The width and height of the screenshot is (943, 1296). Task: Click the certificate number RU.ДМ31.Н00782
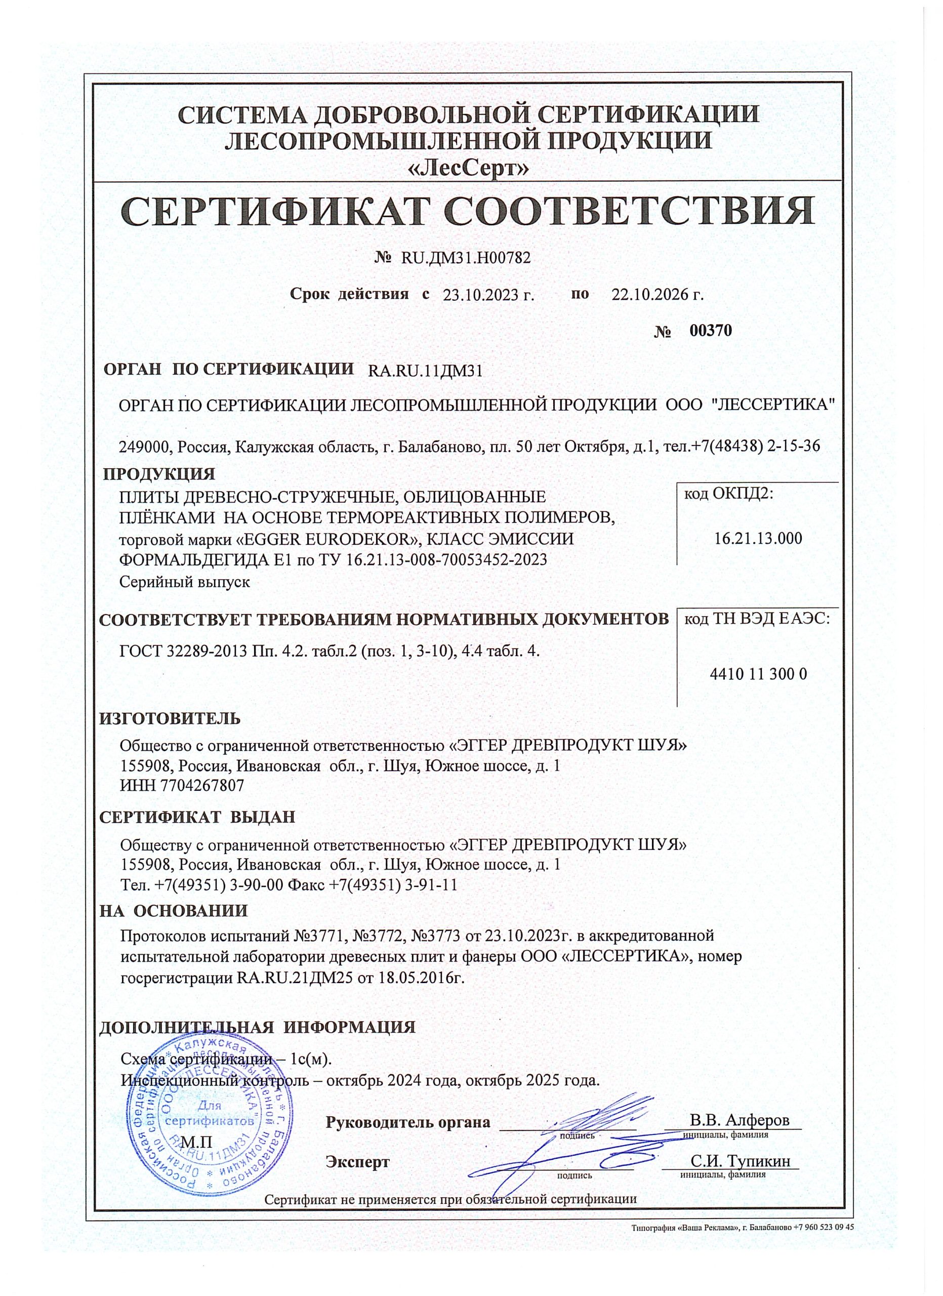(x=466, y=258)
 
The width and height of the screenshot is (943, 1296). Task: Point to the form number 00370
(x=711, y=331)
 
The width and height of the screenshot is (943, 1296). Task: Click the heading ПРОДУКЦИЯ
(x=159, y=474)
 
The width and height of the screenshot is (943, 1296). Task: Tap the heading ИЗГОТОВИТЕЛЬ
(x=170, y=718)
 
